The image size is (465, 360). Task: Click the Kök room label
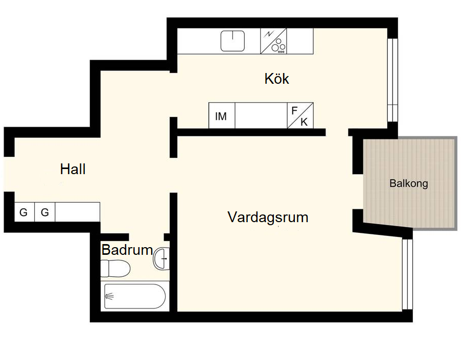pos(276,79)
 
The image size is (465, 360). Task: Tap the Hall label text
pos(73,169)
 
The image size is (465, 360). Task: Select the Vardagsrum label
pos(268,217)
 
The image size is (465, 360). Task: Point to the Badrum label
pos(127,250)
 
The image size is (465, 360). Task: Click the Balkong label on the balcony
pos(409,183)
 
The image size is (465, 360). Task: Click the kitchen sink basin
pos(233,41)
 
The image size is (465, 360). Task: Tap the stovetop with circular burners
pos(273,41)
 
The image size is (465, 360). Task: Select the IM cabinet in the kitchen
pos(222,115)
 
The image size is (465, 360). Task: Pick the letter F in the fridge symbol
pos(294,111)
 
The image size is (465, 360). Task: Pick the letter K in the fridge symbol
pos(304,122)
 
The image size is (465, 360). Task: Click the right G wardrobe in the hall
pos(45,212)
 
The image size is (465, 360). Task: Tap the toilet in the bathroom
pos(115,269)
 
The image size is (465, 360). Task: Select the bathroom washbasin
pos(161,259)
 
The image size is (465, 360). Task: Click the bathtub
pos(135,296)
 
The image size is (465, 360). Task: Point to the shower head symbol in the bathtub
pos(109,296)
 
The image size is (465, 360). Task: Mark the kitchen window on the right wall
pos(392,80)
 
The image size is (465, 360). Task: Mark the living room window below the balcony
pos(407,274)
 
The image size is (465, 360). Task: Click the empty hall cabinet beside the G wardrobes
pos(77,212)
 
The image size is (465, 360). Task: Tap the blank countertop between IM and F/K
pos(261,115)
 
